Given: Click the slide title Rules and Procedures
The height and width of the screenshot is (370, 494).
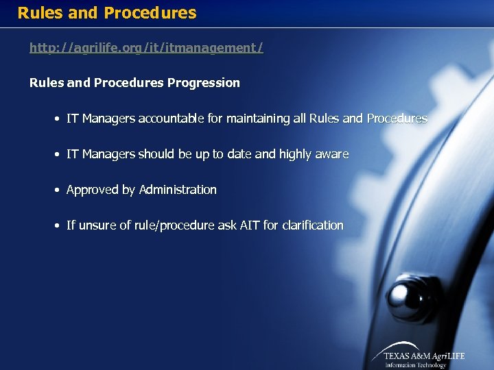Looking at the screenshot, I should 107,13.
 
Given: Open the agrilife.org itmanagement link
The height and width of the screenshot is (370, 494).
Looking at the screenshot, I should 146,48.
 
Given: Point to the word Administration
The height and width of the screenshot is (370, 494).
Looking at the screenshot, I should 178,190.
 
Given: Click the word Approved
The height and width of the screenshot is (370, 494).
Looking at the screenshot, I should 93,190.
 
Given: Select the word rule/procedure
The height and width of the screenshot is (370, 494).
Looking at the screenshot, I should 181,225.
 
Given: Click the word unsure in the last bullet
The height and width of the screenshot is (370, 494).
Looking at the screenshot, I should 97,225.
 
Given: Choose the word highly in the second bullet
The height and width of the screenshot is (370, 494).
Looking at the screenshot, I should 295,154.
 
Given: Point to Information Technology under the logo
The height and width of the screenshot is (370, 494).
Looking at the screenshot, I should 415,365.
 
